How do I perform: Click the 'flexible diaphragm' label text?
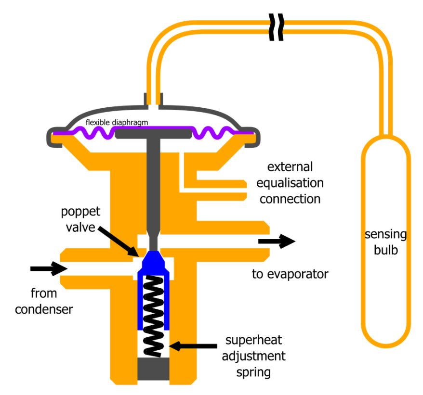click(116, 122)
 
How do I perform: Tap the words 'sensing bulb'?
click(385, 243)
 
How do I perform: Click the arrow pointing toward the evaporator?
click(276, 242)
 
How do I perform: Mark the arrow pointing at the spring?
click(193, 345)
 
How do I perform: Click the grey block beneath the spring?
click(153, 368)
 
